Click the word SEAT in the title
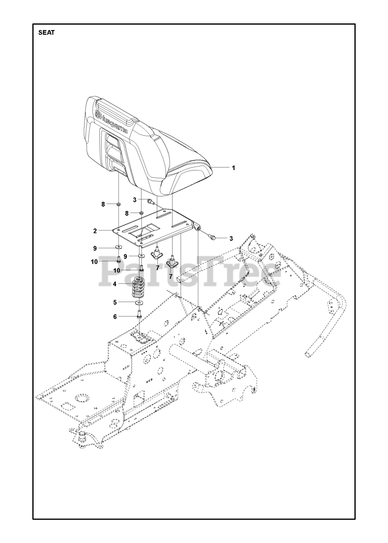pyautogui.click(x=46, y=33)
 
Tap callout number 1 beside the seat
pyautogui.click(x=233, y=168)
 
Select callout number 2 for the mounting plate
pyautogui.click(x=96, y=231)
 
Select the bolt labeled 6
pyautogui.click(x=139, y=315)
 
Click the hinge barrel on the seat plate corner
pyautogui.click(x=197, y=226)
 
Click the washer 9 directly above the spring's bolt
pyautogui.click(x=140, y=256)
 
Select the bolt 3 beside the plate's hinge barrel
pyautogui.click(x=213, y=238)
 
